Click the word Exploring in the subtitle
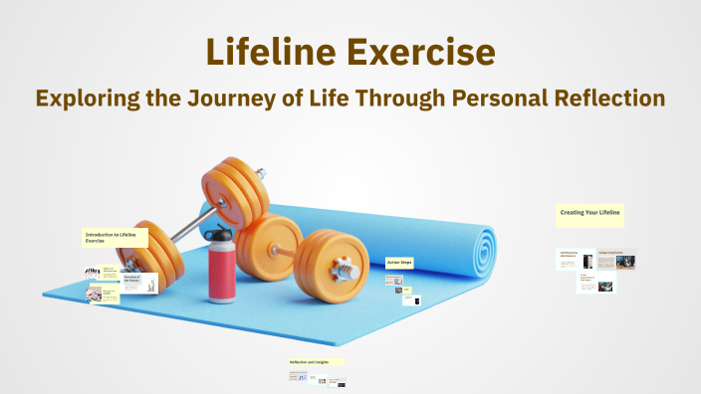click(x=87, y=98)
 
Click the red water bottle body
click(x=220, y=274)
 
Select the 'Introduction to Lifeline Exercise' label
click(x=116, y=238)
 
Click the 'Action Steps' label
click(x=399, y=263)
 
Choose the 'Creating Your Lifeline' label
click(x=589, y=213)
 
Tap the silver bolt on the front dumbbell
click(x=348, y=268)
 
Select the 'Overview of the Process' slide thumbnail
click(x=139, y=284)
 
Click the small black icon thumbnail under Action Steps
click(x=417, y=300)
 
